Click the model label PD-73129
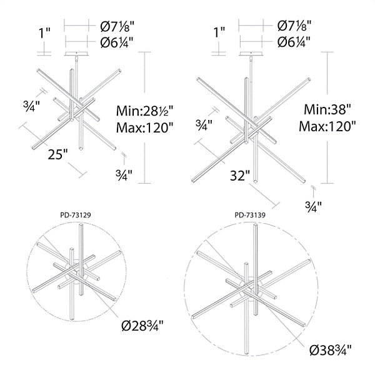click(x=76, y=215)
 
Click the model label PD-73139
click(x=250, y=215)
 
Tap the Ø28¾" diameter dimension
click(x=142, y=325)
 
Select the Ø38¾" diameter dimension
click(x=331, y=351)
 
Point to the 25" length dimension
click(x=58, y=154)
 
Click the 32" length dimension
click(x=240, y=176)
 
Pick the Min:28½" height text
click(x=144, y=111)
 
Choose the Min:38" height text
click(x=327, y=110)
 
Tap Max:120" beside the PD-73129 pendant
click(x=144, y=127)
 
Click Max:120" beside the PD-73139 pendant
click(x=327, y=126)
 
